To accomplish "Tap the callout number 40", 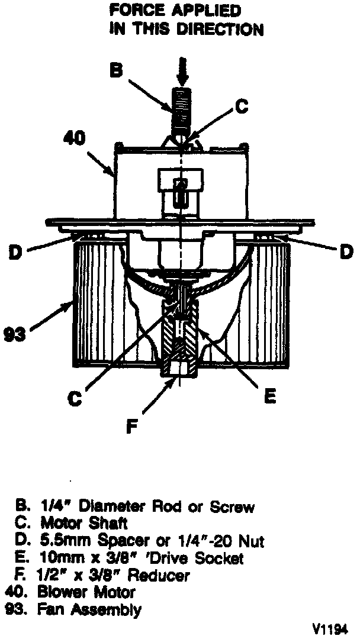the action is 75,138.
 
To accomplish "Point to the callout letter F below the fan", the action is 136,427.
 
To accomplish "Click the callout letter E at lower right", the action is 269,396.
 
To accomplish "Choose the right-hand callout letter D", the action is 345,253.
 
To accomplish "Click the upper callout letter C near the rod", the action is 240,108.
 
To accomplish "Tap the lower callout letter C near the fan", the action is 74,399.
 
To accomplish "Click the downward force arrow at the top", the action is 183,71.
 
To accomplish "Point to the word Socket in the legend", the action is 219,558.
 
